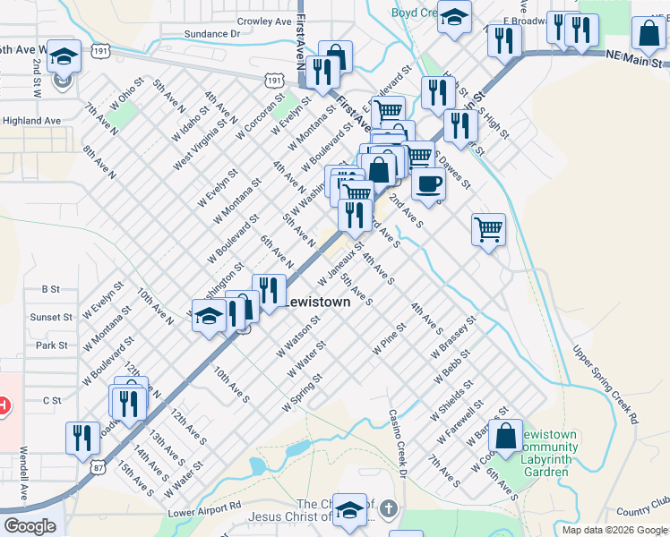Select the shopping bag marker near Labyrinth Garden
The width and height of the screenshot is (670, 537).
click(506, 436)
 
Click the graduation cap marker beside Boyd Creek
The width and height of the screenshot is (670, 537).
click(455, 18)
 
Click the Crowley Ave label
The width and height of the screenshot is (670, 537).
click(264, 21)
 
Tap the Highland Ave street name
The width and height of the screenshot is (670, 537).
click(31, 121)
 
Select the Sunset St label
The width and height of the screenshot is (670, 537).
click(51, 317)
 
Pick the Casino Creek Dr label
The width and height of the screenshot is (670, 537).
click(398, 444)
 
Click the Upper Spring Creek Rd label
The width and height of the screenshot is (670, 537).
click(606, 385)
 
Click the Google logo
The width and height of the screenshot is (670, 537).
click(30, 526)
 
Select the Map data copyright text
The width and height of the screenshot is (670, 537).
click(614, 530)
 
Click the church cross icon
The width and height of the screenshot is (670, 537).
click(388, 509)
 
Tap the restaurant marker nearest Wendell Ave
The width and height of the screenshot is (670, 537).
click(82, 438)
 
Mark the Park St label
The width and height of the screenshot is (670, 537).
click(53, 345)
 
